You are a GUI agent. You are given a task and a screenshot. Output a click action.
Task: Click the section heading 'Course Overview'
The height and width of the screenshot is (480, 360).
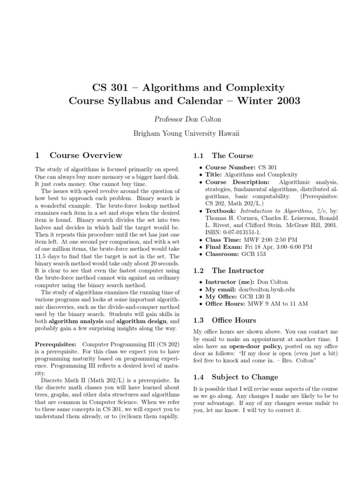[x=86, y=155]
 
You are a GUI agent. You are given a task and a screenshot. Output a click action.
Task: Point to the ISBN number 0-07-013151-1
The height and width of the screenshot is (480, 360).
[x=237, y=231]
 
